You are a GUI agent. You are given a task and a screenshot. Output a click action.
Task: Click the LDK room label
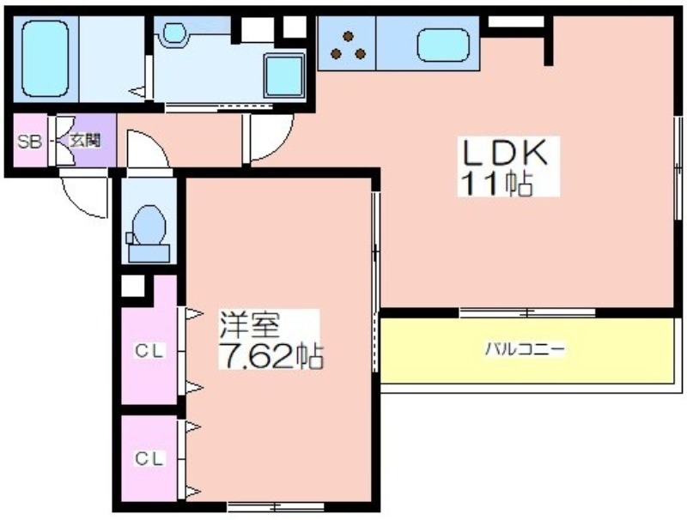pos(504,152)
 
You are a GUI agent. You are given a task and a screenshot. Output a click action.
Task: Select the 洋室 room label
pos(249,324)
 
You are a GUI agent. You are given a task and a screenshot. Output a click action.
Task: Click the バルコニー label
pos(526,349)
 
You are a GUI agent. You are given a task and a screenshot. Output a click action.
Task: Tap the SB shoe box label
pos(29,141)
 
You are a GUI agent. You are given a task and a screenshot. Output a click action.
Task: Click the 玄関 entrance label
pos(85,141)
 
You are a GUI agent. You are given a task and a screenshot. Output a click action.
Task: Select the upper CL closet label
pos(149,351)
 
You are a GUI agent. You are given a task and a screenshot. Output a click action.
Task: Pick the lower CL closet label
pos(149,458)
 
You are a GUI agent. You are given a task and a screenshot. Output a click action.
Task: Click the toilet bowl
pos(149,225)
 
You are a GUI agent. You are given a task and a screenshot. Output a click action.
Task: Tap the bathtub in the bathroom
pos(46,58)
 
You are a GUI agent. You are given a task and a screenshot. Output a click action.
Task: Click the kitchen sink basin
pos(443,45)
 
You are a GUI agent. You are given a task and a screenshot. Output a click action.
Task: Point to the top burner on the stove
pos(349,36)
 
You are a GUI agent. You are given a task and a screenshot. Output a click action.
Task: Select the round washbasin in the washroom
pos(174,33)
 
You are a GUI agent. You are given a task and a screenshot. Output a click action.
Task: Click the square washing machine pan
pos(284,76)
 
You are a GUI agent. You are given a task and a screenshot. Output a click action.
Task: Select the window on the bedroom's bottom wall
pos(276,507)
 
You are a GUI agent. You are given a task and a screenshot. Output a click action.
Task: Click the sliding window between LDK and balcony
pos(527,312)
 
